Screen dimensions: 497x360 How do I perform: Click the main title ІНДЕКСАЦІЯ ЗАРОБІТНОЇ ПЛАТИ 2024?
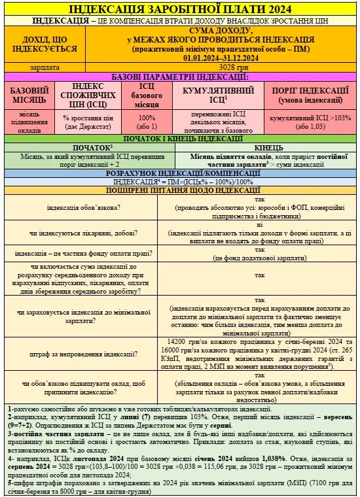click(179, 9)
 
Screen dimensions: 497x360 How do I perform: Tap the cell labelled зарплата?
click(44, 67)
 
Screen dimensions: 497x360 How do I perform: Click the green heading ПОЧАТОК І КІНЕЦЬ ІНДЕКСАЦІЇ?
click(179, 139)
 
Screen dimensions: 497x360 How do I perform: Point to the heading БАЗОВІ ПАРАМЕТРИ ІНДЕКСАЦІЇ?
click(179, 77)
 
